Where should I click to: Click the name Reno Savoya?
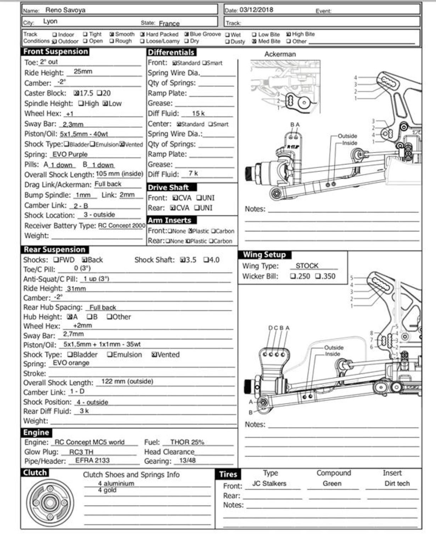(65, 10)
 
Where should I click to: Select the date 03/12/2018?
(256, 10)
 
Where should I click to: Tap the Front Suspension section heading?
(56, 51)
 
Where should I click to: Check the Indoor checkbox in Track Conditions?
(55, 35)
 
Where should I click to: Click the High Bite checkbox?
(289, 34)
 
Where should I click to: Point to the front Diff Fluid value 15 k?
(198, 114)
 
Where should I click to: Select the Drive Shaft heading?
(168, 187)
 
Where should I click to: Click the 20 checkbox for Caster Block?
(99, 93)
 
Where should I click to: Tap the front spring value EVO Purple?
(70, 154)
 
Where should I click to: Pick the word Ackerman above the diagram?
(280, 54)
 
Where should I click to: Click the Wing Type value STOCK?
(307, 266)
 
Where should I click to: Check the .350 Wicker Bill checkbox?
(318, 276)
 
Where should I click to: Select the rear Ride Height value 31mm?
(76, 289)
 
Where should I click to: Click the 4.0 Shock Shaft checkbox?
(206, 260)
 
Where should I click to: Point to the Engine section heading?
(36, 432)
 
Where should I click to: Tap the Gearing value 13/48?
(188, 460)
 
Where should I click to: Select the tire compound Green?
(332, 484)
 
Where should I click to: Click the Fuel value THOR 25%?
(187, 442)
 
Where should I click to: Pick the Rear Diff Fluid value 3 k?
(84, 411)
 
